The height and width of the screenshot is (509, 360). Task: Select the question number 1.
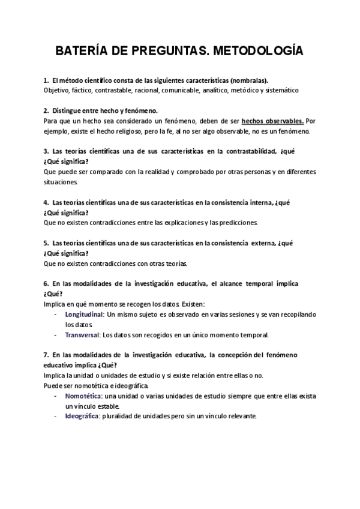click(x=46, y=80)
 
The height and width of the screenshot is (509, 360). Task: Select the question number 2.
click(x=46, y=110)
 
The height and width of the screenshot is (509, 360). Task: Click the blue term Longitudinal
click(x=85, y=315)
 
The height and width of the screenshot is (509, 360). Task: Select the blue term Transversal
click(x=83, y=335)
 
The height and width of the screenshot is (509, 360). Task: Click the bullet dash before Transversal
click(x=56, y=335)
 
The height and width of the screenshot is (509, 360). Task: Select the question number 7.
click(x=46, y=355)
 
